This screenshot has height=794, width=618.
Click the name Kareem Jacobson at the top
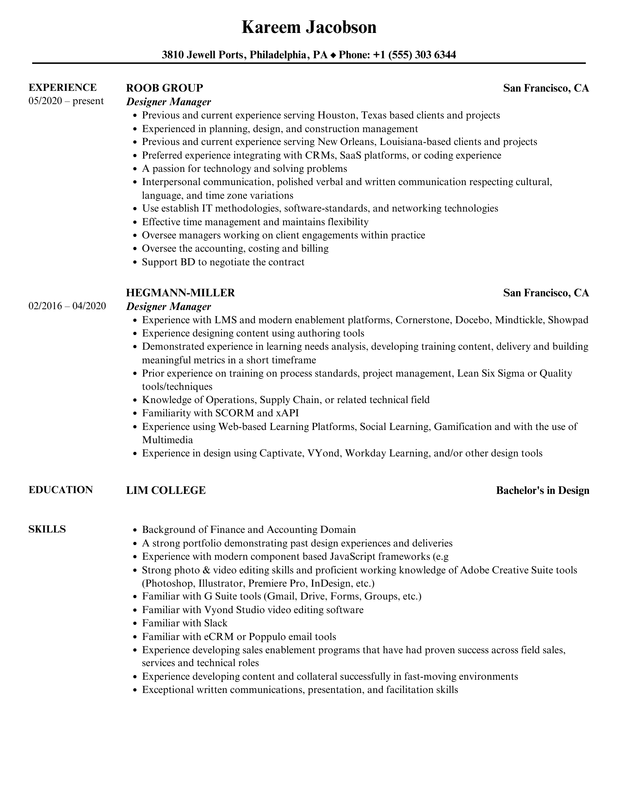coord(309,28)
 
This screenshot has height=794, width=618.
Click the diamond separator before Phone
coord(333,56)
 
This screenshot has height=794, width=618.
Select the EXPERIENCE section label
coord(62,88)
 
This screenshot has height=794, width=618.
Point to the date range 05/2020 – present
coord(66,101)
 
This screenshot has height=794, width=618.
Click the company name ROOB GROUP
coord(164,88)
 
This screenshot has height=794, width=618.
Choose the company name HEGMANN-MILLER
coord(180,293)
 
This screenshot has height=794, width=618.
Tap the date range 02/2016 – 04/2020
coord(67,306)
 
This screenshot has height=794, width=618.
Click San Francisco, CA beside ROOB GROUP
coord(546,88)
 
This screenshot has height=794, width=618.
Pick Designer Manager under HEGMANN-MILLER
coord(169,307)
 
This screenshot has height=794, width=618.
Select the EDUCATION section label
coord(61,490)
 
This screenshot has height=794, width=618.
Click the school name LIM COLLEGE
coord(166,490)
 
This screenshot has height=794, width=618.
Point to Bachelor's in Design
coord(542,490)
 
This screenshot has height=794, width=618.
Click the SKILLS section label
coord(47,529)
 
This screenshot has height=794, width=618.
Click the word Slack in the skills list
coord(216,623)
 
